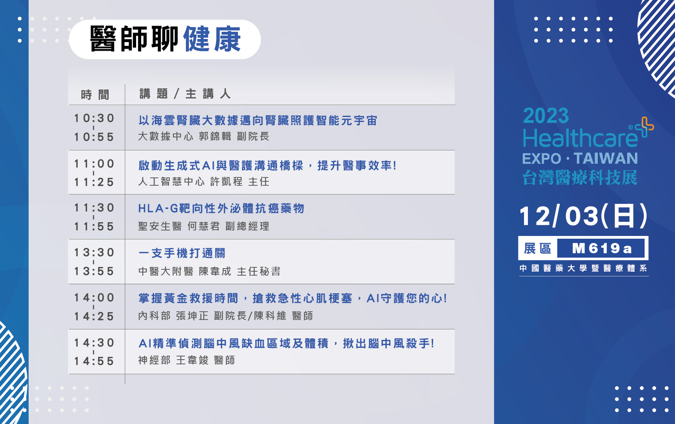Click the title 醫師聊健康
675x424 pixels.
165,39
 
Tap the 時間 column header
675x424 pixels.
95,95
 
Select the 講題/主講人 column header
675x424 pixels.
185,94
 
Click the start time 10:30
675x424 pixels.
94,118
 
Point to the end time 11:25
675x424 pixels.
94,182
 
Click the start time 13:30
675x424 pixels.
94,252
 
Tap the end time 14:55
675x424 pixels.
94,361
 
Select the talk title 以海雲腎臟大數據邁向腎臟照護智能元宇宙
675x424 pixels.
258,121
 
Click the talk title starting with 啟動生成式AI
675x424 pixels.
267,166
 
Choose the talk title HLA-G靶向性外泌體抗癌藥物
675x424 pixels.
221,208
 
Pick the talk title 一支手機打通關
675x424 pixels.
182,253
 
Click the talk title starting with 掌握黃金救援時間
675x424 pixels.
293,298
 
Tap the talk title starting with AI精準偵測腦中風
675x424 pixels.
286,344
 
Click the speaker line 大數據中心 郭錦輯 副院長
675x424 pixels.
204,136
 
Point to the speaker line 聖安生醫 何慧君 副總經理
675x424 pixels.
204,227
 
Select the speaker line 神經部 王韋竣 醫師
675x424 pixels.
187,360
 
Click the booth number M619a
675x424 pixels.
602,249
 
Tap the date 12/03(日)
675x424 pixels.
584,216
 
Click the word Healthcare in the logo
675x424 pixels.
580,138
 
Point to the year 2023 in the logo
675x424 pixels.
546,116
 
